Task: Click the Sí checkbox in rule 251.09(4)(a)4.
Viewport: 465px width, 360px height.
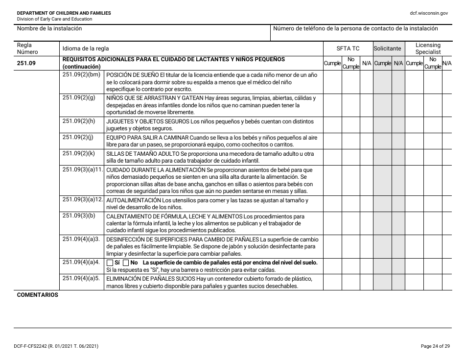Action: click(110, 263)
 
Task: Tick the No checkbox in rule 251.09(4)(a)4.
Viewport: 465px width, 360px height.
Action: click(126, 263)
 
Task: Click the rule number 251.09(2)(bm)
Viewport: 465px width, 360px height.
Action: click(81, 75)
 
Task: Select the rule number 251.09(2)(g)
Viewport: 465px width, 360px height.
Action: click(79, 97)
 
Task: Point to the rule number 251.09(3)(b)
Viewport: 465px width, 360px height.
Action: click(79, 216)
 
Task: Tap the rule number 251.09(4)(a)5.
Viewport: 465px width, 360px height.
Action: click(81, 278)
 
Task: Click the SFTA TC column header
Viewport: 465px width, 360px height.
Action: click(348, 48)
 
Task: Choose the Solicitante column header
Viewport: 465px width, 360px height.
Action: click(388, 48)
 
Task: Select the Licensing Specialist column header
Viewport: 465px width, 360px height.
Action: click(428, 48)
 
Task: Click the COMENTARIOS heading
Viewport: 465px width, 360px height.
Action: click(37, 295)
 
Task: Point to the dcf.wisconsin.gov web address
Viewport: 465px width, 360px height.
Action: click(429, 13)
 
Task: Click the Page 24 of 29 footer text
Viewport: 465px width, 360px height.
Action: click(435, 346)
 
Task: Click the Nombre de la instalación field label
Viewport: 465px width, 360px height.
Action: click(49, 28)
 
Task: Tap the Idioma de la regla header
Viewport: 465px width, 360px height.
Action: click(86, 48)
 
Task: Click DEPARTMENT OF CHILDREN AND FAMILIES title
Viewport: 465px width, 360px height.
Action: click(64, 13)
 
